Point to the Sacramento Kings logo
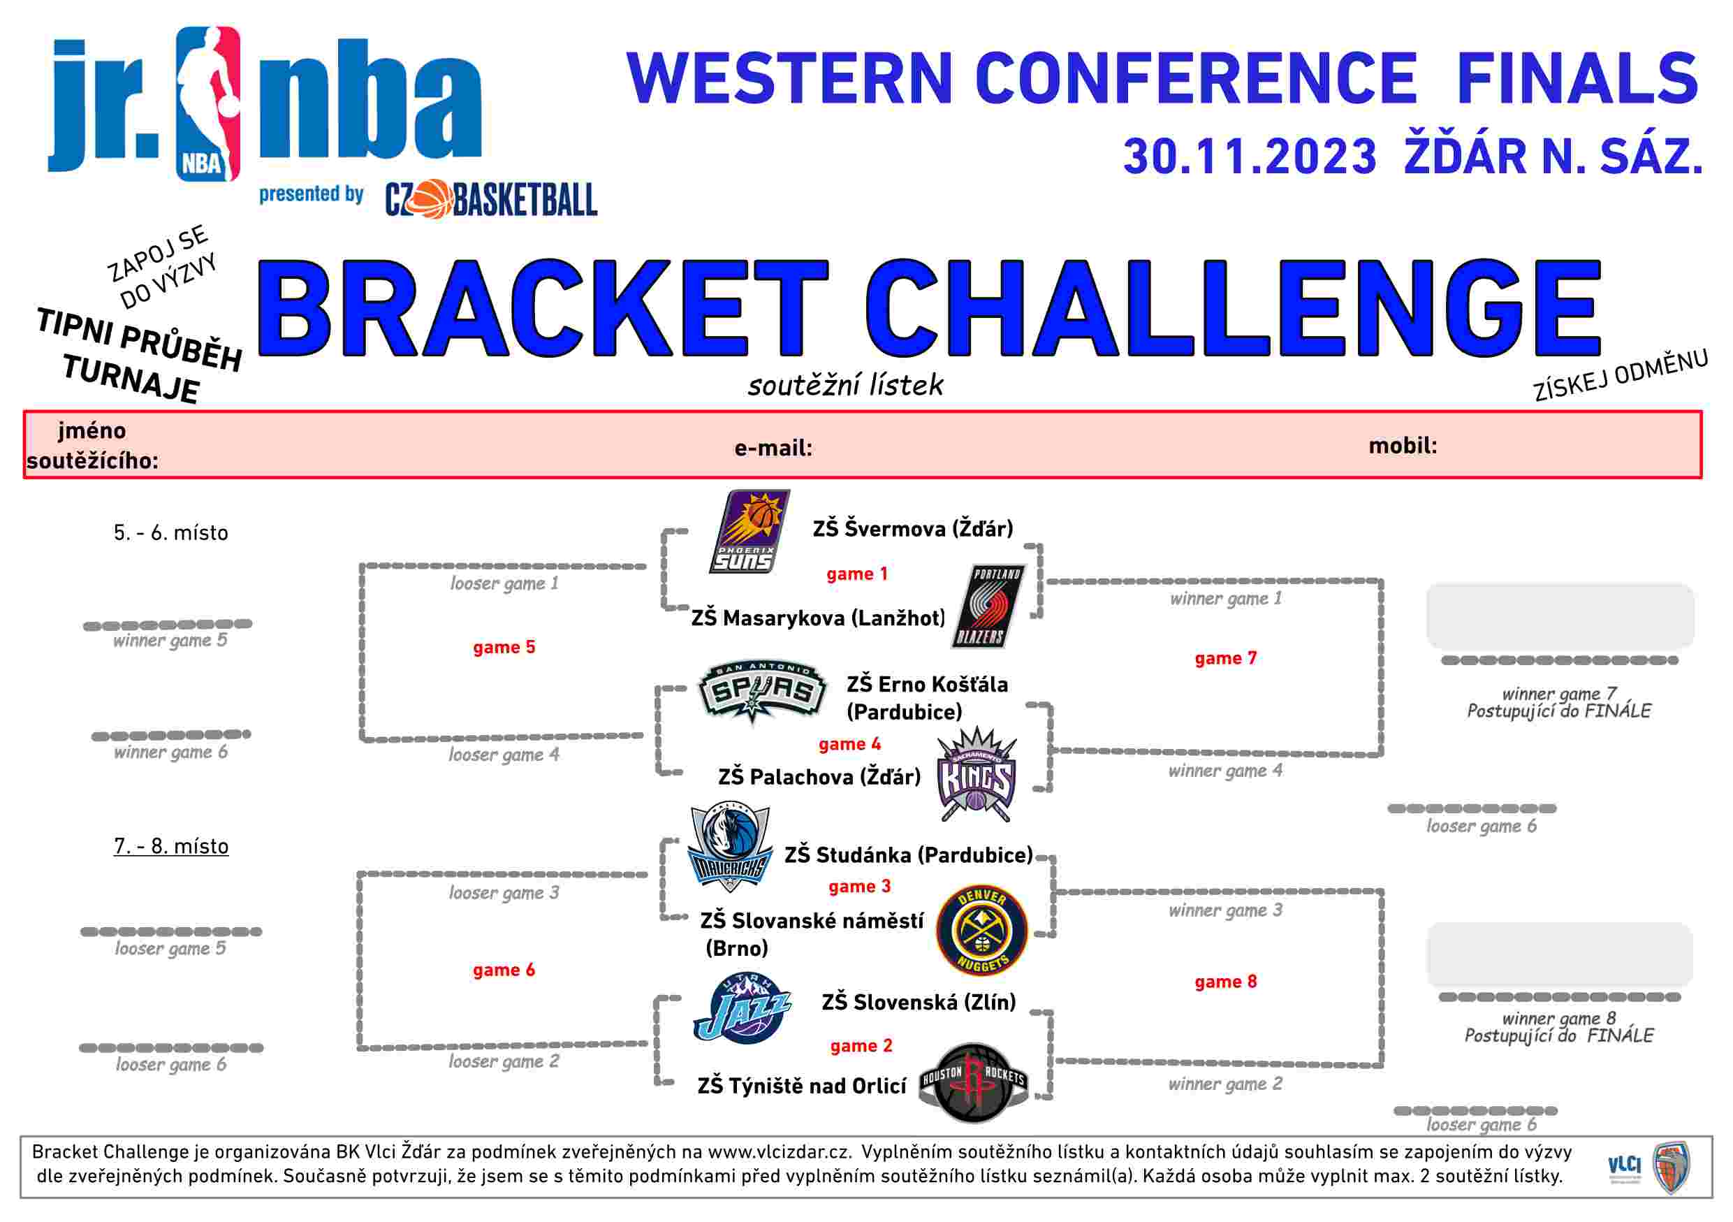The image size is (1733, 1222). click(x=976, y=774)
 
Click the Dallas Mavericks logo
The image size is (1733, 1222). click(x=730, y=847)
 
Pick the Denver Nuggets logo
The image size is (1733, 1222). click(x=982, y=931)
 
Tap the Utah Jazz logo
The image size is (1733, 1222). click(x=743, y=1008)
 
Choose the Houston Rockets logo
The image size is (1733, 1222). click(x=974, y=1082)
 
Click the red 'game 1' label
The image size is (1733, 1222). click(x=856, y=574)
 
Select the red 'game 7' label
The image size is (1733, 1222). click(x=1226, y=658)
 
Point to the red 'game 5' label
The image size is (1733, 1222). click(x=504, y=647)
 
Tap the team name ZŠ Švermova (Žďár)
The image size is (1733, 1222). click(x=912, y=528)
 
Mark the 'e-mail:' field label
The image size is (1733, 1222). click(x=774, y=449)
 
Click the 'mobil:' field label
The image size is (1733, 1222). click(x=1403, y=445)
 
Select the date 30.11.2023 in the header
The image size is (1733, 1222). click(x=1250, y=157)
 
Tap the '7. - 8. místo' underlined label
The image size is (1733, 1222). click(x=171, y=846)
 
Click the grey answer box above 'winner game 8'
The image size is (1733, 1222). click(x=1559, y=955)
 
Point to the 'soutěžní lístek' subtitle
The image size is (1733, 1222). click(x=845, y=385)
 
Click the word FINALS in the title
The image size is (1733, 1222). click(x=1577, y=78)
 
